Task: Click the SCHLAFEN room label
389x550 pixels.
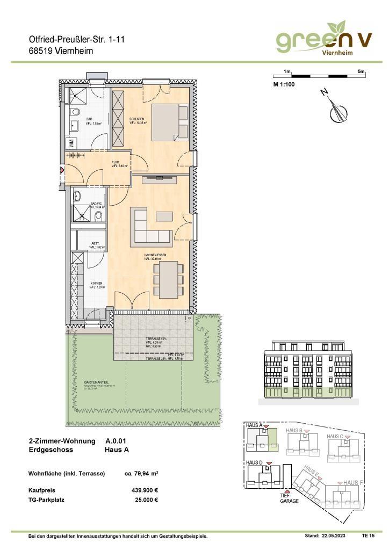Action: [135, 119]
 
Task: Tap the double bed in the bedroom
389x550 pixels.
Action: [169, 121]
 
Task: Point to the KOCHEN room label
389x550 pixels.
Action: [96, 284]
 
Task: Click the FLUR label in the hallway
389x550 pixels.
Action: [115, 162]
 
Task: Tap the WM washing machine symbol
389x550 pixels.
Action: [71, 143]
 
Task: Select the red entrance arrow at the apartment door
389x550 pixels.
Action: [62, 170]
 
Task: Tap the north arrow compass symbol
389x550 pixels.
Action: [337, 110]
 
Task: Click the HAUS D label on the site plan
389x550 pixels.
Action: [254, 462]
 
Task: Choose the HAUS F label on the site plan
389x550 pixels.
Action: [354, 483]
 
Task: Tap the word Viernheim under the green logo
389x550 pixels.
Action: [337, 53]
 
